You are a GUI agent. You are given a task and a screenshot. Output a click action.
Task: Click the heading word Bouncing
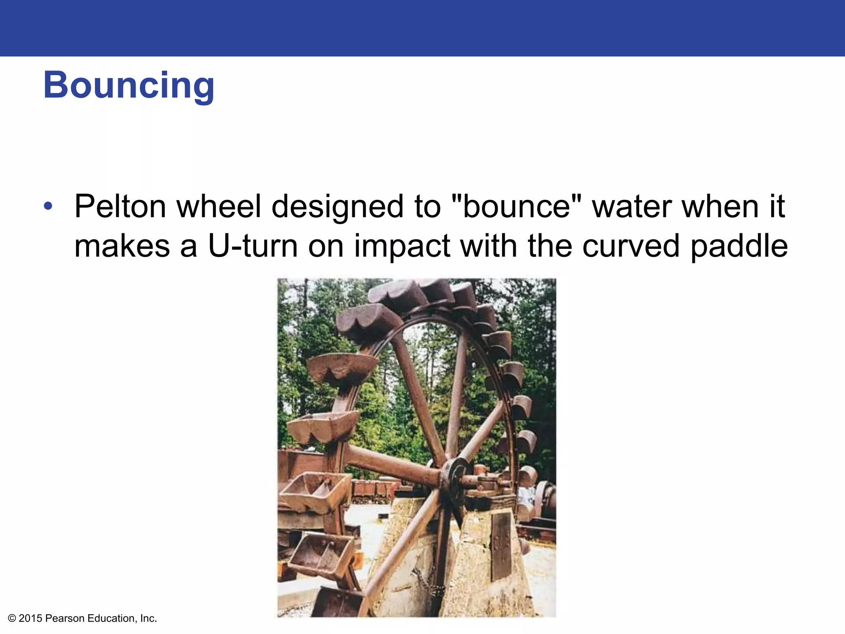click(x=129, y=85)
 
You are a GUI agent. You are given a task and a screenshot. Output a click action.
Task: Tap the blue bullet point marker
click(x=48, y=206)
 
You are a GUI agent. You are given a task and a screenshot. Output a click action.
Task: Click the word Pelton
click(x=120, y=206)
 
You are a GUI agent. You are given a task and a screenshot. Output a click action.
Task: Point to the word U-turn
click(x=252, y=246)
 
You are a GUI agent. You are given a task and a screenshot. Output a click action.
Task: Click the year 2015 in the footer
click(x=31, y=618)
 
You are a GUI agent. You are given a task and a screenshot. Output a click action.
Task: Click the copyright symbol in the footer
click(x=12, y=618)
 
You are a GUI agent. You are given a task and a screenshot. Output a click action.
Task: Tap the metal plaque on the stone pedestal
click(x=501, y=545)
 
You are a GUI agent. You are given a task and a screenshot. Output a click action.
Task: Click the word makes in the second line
click(x=122, y=246)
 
